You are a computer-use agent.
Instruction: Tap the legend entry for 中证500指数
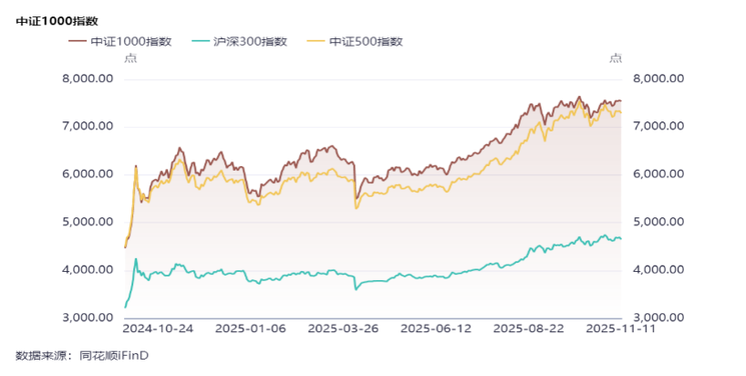[x=356, y=41]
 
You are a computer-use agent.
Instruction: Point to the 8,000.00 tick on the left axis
[x=87, y=78]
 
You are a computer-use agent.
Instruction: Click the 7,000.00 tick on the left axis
[x=87, y=126]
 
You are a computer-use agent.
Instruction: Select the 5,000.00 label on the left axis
[x=87, y=222]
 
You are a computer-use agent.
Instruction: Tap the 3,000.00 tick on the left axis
[x=87, y=318]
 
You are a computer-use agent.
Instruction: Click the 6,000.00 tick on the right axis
[x=658, y=174]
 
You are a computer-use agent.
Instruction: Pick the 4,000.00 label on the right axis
[x=658, y=270]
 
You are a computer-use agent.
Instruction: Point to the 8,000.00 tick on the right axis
[x=658, y=78]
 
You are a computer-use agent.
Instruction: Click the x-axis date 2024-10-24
[x=158, y=328]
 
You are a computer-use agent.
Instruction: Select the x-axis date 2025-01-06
[x=250, y=328]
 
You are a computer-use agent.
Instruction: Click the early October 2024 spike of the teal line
[x=136, y=259]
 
